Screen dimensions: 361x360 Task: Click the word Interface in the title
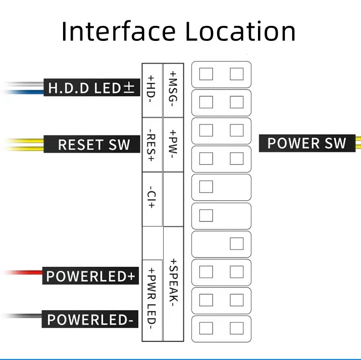click(118, 31)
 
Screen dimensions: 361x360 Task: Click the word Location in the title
click(240, 31)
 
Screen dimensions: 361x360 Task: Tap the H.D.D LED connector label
click(92, 88)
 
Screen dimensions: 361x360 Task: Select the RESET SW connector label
click(92, 144)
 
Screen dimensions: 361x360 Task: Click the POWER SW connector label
click(307, 143)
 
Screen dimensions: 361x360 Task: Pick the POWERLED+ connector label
click(90, 276)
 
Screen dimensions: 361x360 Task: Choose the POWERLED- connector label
click(90, 319)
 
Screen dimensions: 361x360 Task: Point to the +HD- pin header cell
click(152, 90)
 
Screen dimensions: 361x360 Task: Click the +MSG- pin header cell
click(173, 90)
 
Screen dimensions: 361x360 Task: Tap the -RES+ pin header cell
click(152, 145)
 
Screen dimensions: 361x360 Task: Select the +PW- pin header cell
click(173, 145)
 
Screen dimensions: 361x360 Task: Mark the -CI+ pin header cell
click(152, 199)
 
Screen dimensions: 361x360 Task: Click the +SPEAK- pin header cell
click(173, 284)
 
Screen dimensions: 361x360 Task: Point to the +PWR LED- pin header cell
click(152, 300)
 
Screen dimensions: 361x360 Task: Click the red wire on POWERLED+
click(23, 272)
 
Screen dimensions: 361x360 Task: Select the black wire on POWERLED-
click(23, 316)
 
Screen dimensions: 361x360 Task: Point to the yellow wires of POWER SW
click(358, 143)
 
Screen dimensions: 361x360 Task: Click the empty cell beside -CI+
click(173, 199)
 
